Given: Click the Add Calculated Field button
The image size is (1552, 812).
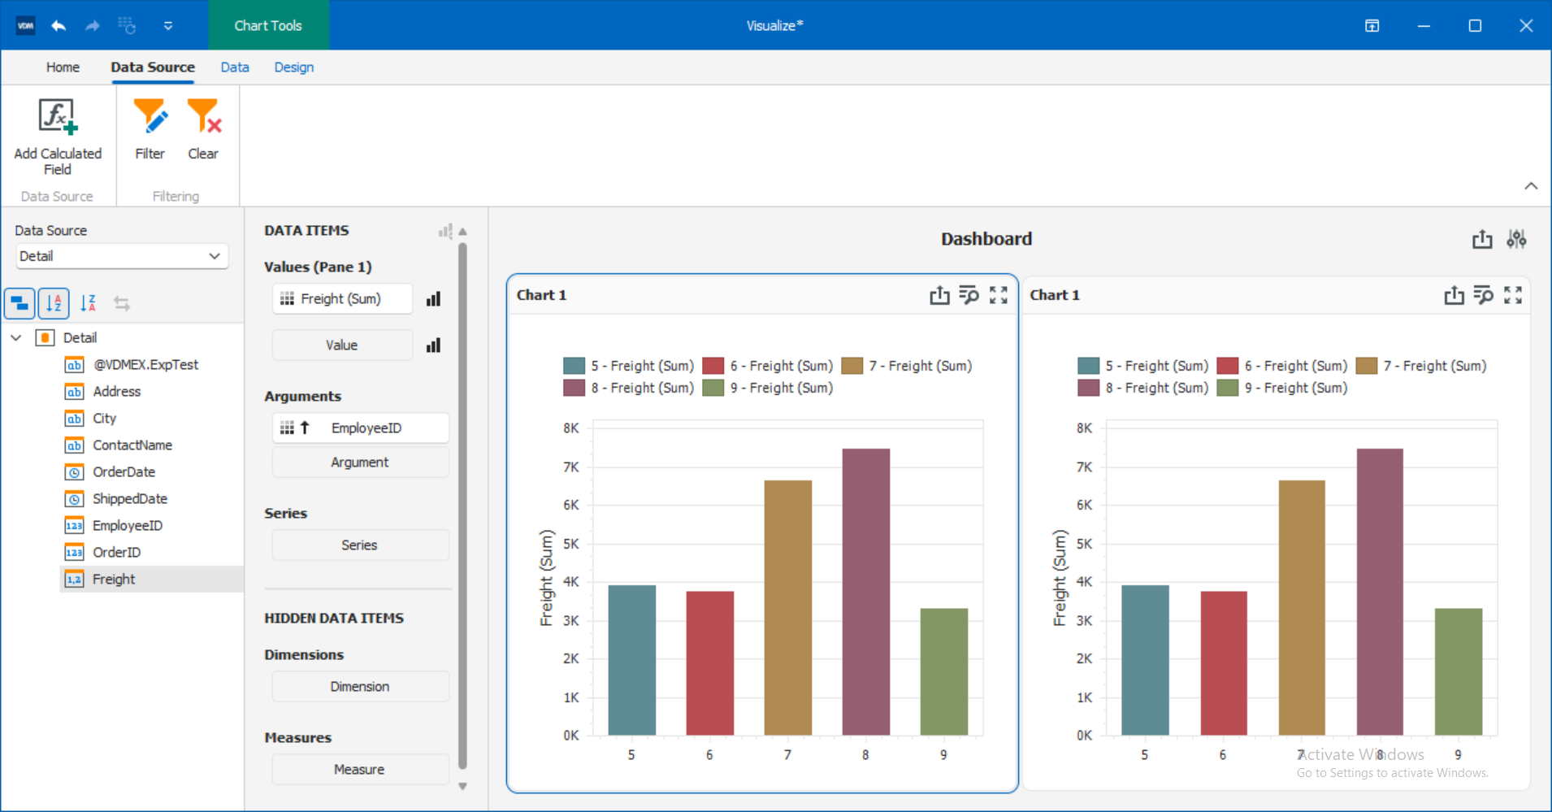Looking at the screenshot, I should [58, 137].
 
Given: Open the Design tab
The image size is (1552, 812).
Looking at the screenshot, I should [293, 67].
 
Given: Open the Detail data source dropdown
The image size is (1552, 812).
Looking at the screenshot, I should [122, 256].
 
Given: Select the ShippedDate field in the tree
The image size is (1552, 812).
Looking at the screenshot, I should [129, 498].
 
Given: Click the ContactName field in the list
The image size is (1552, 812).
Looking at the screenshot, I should [132, 445].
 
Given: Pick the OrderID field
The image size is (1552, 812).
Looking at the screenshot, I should [116, 552].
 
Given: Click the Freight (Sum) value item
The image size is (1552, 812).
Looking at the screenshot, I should [341, 299].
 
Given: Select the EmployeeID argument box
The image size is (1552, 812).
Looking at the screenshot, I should [361, 428].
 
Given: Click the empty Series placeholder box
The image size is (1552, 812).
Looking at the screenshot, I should [359, 545].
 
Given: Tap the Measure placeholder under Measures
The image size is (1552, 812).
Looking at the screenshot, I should [359, 769].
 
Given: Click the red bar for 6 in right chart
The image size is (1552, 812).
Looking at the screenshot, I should [1223, 663].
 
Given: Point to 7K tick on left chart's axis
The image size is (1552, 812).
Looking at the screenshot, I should [571, 467].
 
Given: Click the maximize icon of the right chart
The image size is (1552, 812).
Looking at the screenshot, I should [1512, 295].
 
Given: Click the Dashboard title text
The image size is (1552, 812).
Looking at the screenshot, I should [986, 239].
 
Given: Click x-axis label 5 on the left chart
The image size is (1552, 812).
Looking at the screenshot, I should [631, 755].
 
